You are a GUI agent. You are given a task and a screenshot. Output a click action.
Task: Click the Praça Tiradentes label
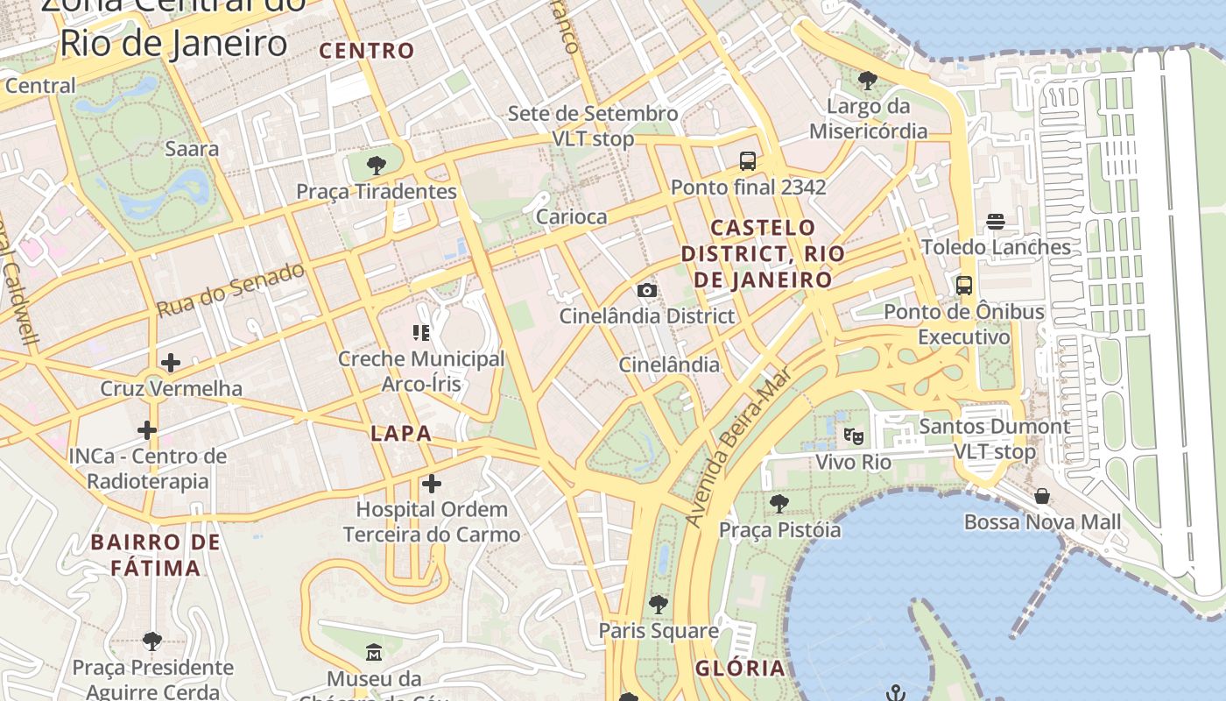[377, 191]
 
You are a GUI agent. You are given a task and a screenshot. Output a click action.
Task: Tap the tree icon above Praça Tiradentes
[377, 165]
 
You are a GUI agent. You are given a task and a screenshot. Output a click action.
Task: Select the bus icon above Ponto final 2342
[748, 160]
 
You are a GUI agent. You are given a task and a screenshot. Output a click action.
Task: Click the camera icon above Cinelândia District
[647, 290]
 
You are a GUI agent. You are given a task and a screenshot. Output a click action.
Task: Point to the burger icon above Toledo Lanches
[996, 222]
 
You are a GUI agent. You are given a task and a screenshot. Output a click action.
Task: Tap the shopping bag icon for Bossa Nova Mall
[1042, 496]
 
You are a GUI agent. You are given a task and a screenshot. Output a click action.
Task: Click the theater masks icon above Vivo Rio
[853, 435]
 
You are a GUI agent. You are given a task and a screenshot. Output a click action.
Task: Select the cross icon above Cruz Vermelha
[171, 362]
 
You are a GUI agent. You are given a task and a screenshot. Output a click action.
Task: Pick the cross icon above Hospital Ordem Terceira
[432, 483]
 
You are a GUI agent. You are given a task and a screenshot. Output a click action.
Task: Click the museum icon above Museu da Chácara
[374, 652]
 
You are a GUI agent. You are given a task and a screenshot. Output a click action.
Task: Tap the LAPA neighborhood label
[401, 433]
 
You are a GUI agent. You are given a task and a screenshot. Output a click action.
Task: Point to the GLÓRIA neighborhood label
[740, 668]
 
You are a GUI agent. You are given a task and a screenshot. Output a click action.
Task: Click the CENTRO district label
[367, 51]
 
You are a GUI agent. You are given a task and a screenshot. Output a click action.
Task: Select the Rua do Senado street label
[231, 289]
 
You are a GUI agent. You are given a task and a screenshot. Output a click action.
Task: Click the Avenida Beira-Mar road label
[737, 447]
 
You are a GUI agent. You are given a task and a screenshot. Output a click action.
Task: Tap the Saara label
[192, 148]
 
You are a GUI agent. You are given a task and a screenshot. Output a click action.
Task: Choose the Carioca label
[571, 216]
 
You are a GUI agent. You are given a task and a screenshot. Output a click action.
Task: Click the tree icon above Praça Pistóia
[779, 504]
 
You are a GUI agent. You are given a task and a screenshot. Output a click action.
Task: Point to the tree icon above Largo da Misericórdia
[868, 81]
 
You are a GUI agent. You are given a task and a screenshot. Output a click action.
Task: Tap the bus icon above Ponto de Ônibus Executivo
[964, 285]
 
